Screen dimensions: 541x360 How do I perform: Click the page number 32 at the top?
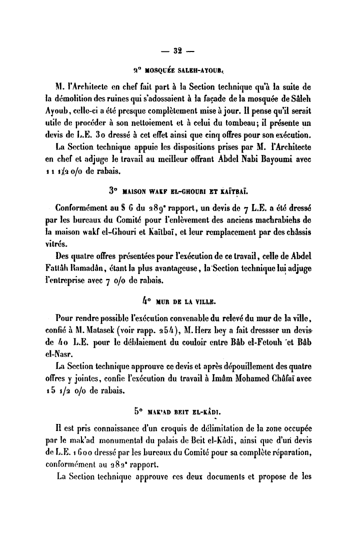(177, 50)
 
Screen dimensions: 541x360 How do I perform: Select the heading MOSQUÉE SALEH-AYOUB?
(178, 69)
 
